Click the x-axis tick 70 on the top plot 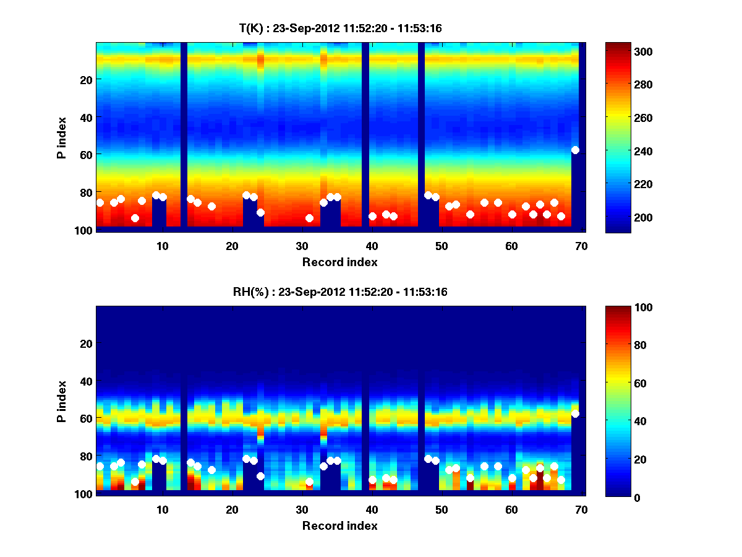(581, 246)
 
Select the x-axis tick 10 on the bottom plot (162, 510)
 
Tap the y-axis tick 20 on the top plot (85, 80)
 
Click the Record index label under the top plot (340, 262)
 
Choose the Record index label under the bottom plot (340, 526)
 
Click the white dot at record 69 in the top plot (575, 150)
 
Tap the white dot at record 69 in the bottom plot (575, 413)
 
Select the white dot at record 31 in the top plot (309, 218)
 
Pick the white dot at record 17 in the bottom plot (211, 470)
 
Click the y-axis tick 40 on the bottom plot (85, 381)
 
